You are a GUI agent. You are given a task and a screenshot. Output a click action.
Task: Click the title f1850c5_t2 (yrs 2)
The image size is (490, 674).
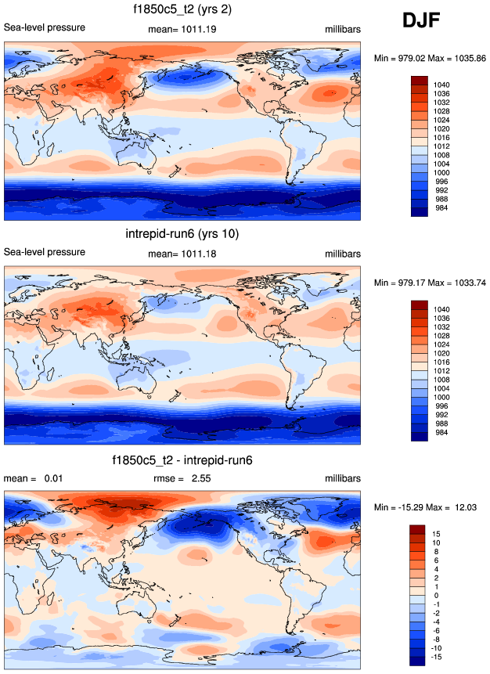[182, 9]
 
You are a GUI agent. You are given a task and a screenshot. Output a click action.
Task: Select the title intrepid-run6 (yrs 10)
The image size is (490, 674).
[182, 234]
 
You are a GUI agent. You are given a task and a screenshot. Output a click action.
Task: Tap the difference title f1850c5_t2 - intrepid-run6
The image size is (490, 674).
[182, 460]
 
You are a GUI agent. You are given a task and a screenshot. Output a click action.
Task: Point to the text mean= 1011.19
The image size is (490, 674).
[182, 29]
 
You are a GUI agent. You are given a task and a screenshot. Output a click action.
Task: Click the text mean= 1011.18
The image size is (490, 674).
[182, 254]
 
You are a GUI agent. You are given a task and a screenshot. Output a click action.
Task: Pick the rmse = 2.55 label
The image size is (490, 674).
[181, 478]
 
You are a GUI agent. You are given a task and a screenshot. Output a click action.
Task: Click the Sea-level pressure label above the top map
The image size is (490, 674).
[45, 28]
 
